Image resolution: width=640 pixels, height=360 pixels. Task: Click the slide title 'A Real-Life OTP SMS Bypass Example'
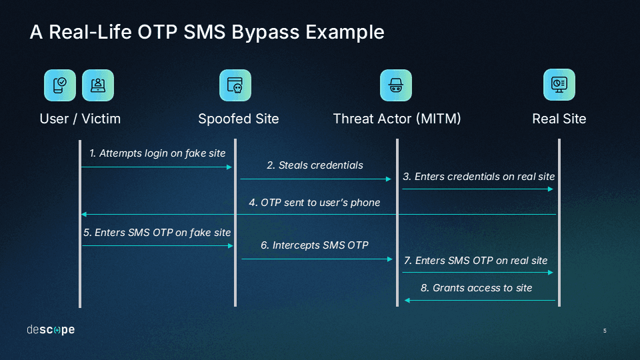(x=207, y=32)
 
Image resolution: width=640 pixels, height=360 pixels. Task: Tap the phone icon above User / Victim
(x=60, y=85)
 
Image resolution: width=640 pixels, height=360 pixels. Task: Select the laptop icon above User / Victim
(x=98, y=85)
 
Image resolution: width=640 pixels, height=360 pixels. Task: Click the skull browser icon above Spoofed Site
(x=235, y=85)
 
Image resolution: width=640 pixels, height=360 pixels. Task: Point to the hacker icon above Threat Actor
(x=396, y=85)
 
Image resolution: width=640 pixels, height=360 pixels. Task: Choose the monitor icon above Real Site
(x=559, y=85)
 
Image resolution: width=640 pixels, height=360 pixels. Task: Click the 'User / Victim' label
(x=80, y=119)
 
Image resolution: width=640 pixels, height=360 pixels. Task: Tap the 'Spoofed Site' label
(x=238, y=119)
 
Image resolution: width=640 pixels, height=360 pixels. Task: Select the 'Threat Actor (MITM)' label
(x=397, y=119)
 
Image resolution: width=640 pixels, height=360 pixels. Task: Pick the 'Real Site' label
(x=559, y=119)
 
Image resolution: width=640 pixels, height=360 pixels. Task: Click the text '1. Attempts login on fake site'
(x=157, y=153)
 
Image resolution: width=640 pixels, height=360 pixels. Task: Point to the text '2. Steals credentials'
(x=315, y=165)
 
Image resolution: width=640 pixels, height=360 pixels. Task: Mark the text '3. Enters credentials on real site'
(x=479, y=177)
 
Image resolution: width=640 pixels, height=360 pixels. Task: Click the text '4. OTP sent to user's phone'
(x=315, y=203)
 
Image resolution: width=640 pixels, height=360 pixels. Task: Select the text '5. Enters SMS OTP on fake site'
(x=157, y=233)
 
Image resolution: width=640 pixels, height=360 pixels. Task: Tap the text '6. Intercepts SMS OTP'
(x=315, y=245)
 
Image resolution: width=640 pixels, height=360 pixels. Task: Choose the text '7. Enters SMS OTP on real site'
(x=476, y=261)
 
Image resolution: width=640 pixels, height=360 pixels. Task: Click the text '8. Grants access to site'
(x=476, y=288)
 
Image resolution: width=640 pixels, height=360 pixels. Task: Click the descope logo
(x=51, y=330)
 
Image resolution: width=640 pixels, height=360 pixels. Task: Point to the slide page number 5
(x=605, y=331)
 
